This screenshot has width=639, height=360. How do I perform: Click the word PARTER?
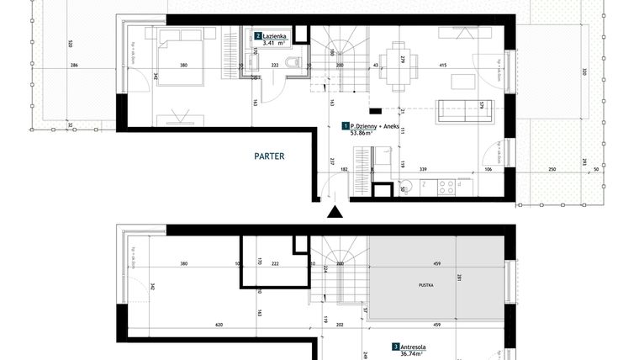coord(269,156)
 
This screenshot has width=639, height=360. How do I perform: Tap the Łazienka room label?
coord(275,37)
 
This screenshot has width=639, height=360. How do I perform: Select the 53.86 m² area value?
coord(361,133)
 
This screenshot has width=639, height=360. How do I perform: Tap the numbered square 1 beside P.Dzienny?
coord(346,125)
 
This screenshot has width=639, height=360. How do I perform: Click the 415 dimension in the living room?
coord(442,65)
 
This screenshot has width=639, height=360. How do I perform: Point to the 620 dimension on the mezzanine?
coord(195,325)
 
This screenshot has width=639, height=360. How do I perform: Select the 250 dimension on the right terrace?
coord(552,170)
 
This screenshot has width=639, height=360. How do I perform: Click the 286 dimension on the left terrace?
coord(74,65)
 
